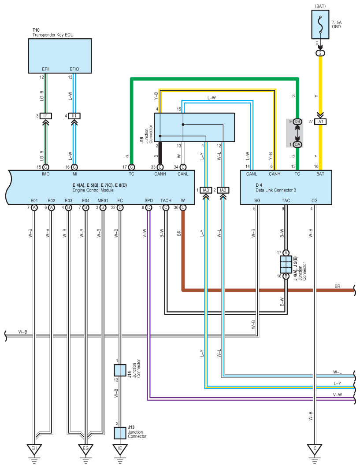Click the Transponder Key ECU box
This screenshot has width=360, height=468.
pyautogui.click(x=60, y=56)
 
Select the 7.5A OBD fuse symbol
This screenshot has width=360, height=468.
pyautogui.click(x=320, y=25)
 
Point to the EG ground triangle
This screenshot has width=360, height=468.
pyautogui.click(x=86, y=449)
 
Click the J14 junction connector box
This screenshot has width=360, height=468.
pyautogui.click(x=120, y=370)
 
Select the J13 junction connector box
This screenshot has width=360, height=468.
pyautogui.click(x=120, y=433)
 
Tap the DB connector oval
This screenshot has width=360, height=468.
pyautogui.click(x=297, y=122)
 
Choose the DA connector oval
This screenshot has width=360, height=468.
pyautogui.click(x=297, y=144)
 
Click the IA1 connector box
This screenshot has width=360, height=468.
pyautogui.click(x=320, y=122)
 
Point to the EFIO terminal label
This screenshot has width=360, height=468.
pyautogui.click(x=74, y=69)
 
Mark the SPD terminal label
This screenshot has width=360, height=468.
pyautogui.click(x=148, y=201)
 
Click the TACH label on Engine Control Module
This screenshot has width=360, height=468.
pyautogui.click(x=166, y=201)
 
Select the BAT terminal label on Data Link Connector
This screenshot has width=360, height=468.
pyautogui.click(x=320, y=174)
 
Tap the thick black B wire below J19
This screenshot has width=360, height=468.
pyautogui.click(x=160, y=153)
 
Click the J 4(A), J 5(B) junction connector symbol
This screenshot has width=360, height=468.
pyautogui.click(x=286, y=265)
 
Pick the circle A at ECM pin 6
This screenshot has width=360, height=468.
pyautogui.click(x=52, y=207)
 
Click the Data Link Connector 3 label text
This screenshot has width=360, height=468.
pyautogui.click(x=276, y=190)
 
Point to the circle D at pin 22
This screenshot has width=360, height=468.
pyautogui.click(x=120, y=207)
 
